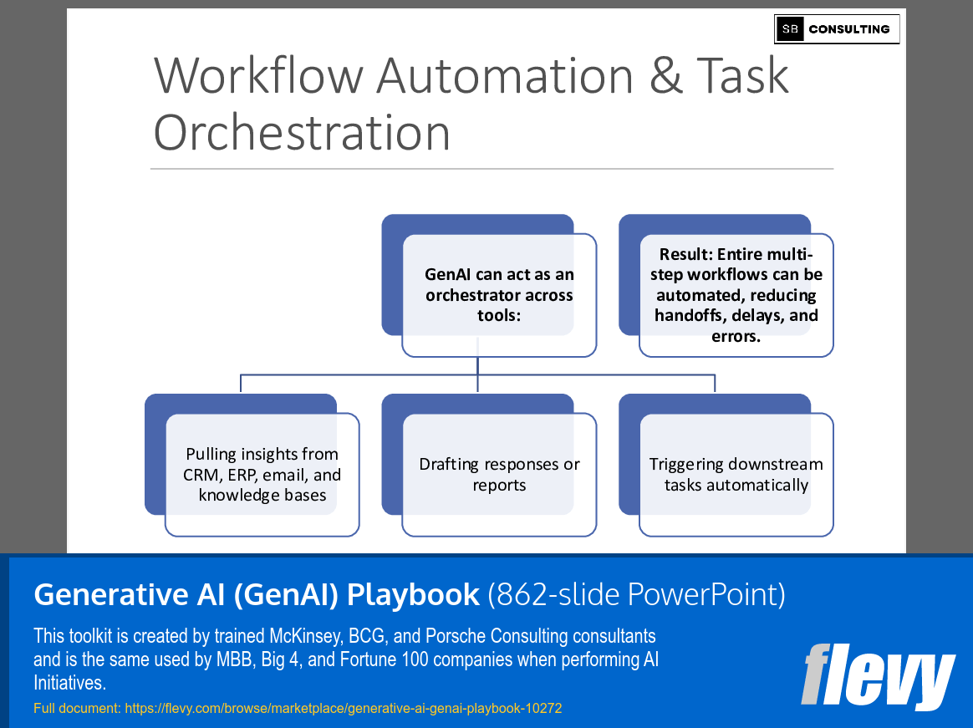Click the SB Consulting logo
click(x=837, y=29)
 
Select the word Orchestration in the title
click(x=302, y=133)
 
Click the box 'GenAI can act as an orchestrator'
click(x=499, y=295)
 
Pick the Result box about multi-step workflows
click(x=736, y=295)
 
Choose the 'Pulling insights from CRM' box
click(x=262, y=475)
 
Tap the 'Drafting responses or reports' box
click(x=499, y=475)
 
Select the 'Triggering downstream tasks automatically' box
click(x=736, y=475)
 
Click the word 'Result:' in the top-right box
click(x=688, y=255)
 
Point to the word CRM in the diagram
click(x=202, y=475)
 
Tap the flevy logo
click(x=877, y=675)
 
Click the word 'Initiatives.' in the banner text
click(x=69, y=683)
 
